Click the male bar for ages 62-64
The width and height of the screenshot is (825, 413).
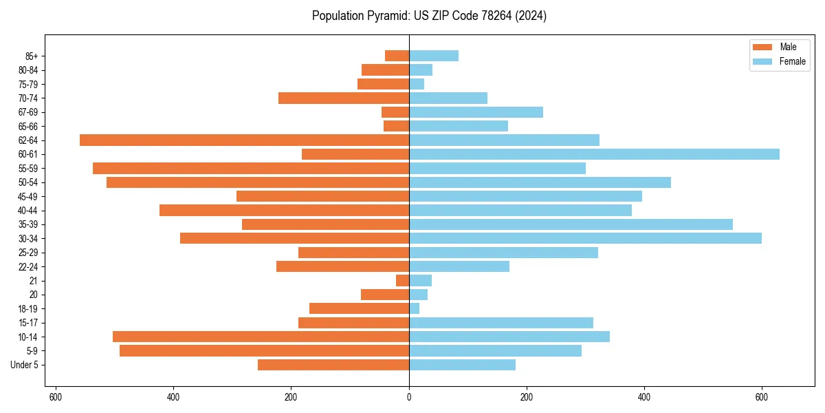[x=244, y=140]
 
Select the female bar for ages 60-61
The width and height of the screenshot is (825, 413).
[x=594, y=154]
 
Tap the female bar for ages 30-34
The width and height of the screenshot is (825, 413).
[x=585, y=238]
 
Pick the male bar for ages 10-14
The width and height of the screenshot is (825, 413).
[x=261, y=337]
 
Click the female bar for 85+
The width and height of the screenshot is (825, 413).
[x=434, y=56]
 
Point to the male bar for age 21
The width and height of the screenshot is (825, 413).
[x=402, y=280]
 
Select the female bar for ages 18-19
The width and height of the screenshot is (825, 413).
[x=415, y=308]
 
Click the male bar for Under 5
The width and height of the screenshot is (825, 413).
[x=333, y=365]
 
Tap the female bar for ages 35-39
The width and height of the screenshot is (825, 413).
[x=571, y=224]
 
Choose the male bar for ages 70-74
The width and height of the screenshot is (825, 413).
[x=344, y=98]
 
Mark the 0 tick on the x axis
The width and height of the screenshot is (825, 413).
[x=409, y=397]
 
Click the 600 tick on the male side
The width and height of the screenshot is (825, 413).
[x=56, y=397]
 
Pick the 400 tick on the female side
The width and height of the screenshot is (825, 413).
[x=644, y=397]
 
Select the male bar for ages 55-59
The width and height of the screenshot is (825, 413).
[x=251, y=168]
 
